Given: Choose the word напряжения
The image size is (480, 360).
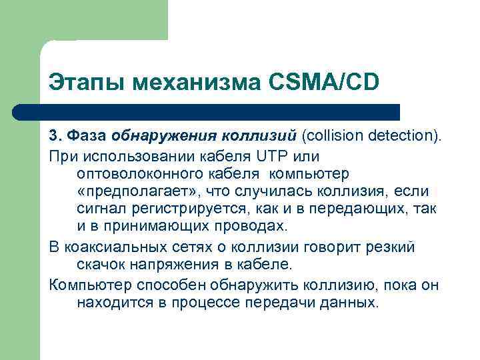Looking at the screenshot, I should [177, 265].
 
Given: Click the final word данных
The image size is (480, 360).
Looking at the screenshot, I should [350, 303].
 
